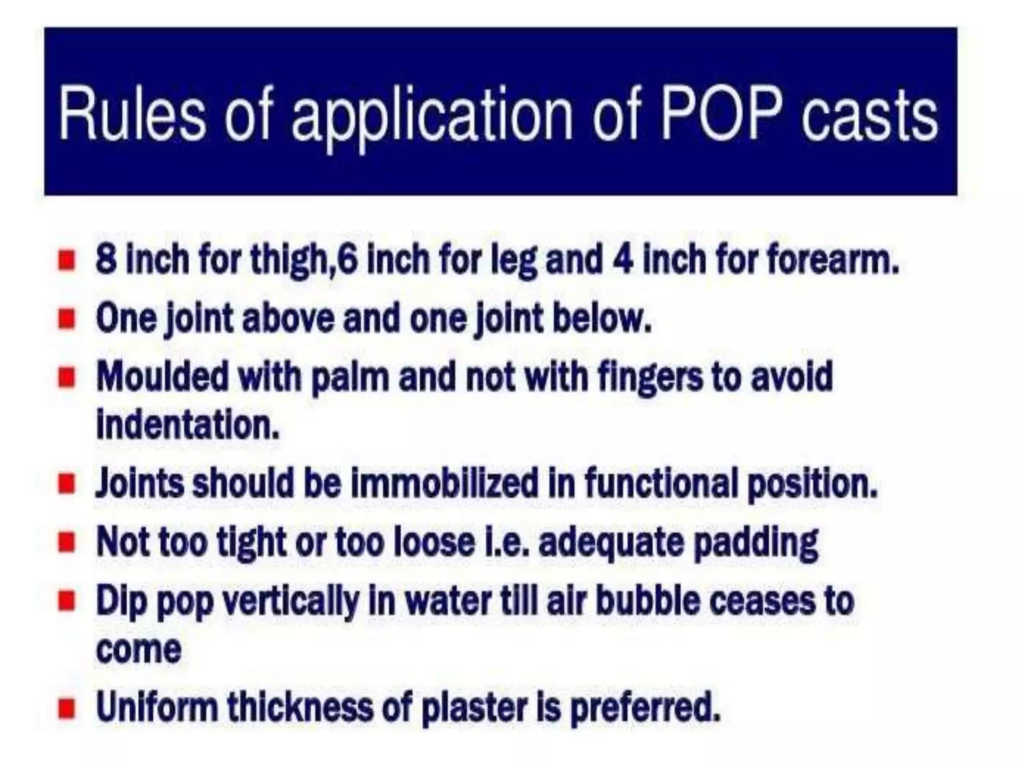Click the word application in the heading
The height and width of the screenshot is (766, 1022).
(x=432, y=120)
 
